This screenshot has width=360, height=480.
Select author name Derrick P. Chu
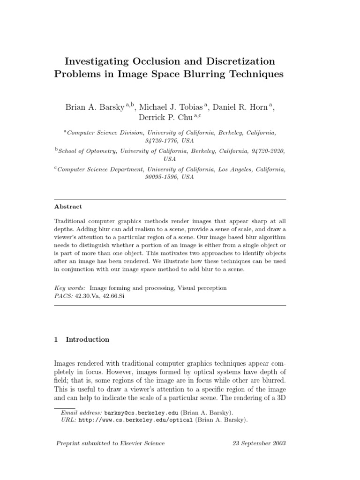(164, 117)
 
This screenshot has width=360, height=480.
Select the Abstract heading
(68, 207)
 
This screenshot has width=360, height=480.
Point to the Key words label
(70, 288)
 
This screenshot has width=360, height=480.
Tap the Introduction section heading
(87, 339)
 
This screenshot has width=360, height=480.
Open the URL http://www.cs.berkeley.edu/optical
(135, 420)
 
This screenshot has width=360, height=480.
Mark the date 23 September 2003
(259, 443)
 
